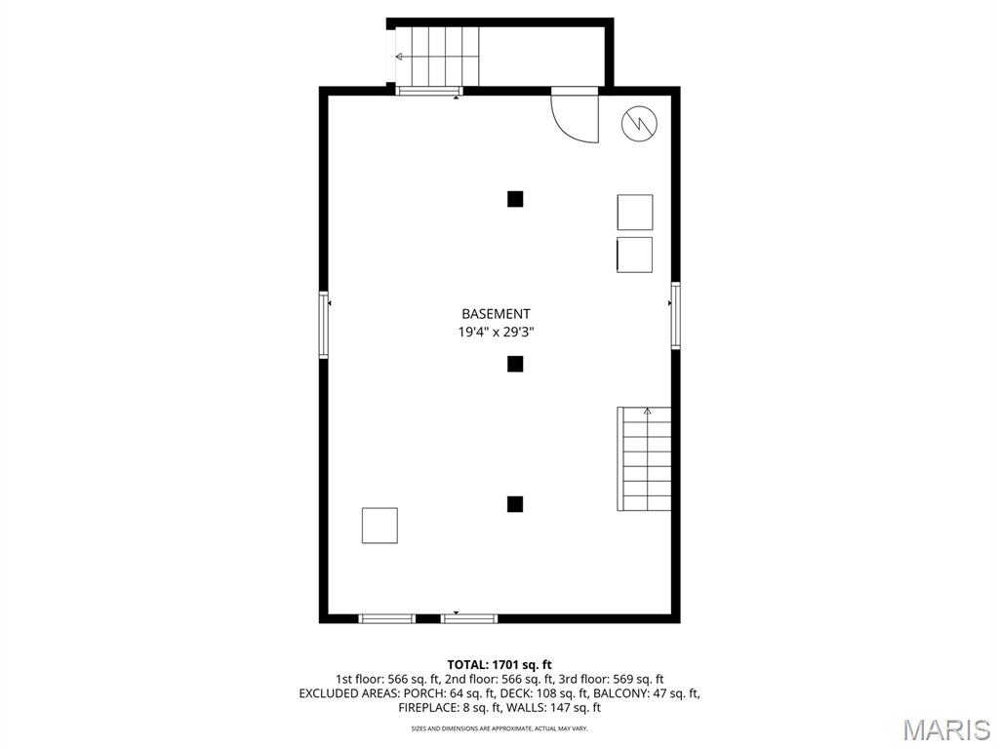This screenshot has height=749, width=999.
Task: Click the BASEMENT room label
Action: point(496,314)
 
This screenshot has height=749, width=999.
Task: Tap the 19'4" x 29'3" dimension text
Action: point(496,332)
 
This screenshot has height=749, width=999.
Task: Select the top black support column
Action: point(515,199)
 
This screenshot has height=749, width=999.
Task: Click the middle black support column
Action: point(515,364)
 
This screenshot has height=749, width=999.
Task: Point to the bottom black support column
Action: point(515,504)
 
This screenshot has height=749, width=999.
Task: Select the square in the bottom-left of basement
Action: point(380,525)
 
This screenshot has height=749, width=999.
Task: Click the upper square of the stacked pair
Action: point(635,213)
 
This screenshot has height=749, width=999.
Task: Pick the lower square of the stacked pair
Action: point(635,255)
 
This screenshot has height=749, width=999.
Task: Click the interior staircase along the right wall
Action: point(645,459)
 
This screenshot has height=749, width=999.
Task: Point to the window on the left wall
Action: point(324,325)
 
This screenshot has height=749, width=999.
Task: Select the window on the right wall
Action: point(675,315)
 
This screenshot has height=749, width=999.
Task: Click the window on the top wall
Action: point(428,92)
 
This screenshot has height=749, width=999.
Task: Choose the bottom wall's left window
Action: point(387,618)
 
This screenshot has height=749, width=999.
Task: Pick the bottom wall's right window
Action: point(469,618)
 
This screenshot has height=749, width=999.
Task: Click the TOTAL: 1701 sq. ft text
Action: point(499,664)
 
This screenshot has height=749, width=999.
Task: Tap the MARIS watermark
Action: point(945,729)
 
